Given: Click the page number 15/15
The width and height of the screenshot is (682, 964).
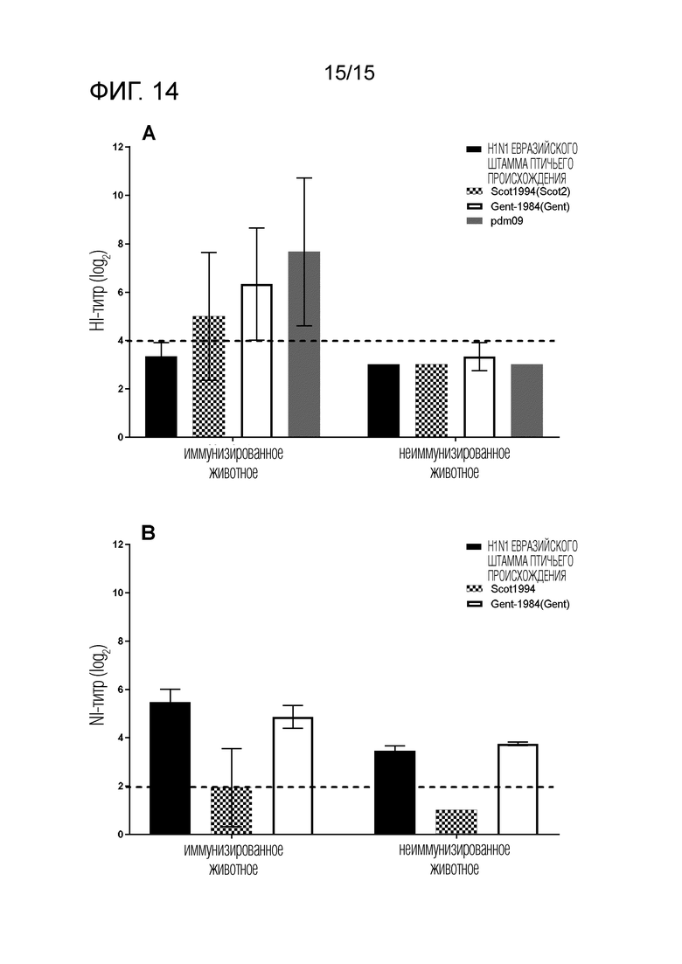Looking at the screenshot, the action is tap(349, 73).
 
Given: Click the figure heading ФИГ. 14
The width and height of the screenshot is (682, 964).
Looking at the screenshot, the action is tap(134, 92).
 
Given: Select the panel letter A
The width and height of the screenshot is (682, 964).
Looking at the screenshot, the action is tap(149, 133).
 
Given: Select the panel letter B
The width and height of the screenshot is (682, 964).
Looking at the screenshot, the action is tap(149, 533).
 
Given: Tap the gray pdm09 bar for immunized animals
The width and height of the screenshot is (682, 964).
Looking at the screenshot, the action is tap(303, 344).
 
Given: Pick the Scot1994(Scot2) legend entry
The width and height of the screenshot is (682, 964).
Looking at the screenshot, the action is tap(518, 191).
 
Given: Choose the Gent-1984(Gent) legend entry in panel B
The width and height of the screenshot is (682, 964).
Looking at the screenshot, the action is tap(518, 604).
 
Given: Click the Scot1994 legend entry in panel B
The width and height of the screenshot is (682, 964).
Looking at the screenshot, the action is tap(501, 588).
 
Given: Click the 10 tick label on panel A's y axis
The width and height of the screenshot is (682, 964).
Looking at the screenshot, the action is tap(117, 196).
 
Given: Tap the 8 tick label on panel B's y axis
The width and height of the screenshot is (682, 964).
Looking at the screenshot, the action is tap(120, 642).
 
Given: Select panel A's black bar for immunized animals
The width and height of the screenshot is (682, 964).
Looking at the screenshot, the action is tap(161, 397).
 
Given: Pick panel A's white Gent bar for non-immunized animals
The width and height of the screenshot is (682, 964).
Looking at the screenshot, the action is tap(479, 397).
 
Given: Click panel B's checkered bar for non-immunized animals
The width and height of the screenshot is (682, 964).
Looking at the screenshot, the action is tap(456, 822).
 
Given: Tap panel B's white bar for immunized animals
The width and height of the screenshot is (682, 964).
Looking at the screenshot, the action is tap(293, 776).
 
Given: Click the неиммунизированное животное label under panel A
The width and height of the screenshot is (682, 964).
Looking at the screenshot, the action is tap(455, 463).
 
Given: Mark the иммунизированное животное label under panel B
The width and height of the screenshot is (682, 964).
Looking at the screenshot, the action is tap(233, 859).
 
